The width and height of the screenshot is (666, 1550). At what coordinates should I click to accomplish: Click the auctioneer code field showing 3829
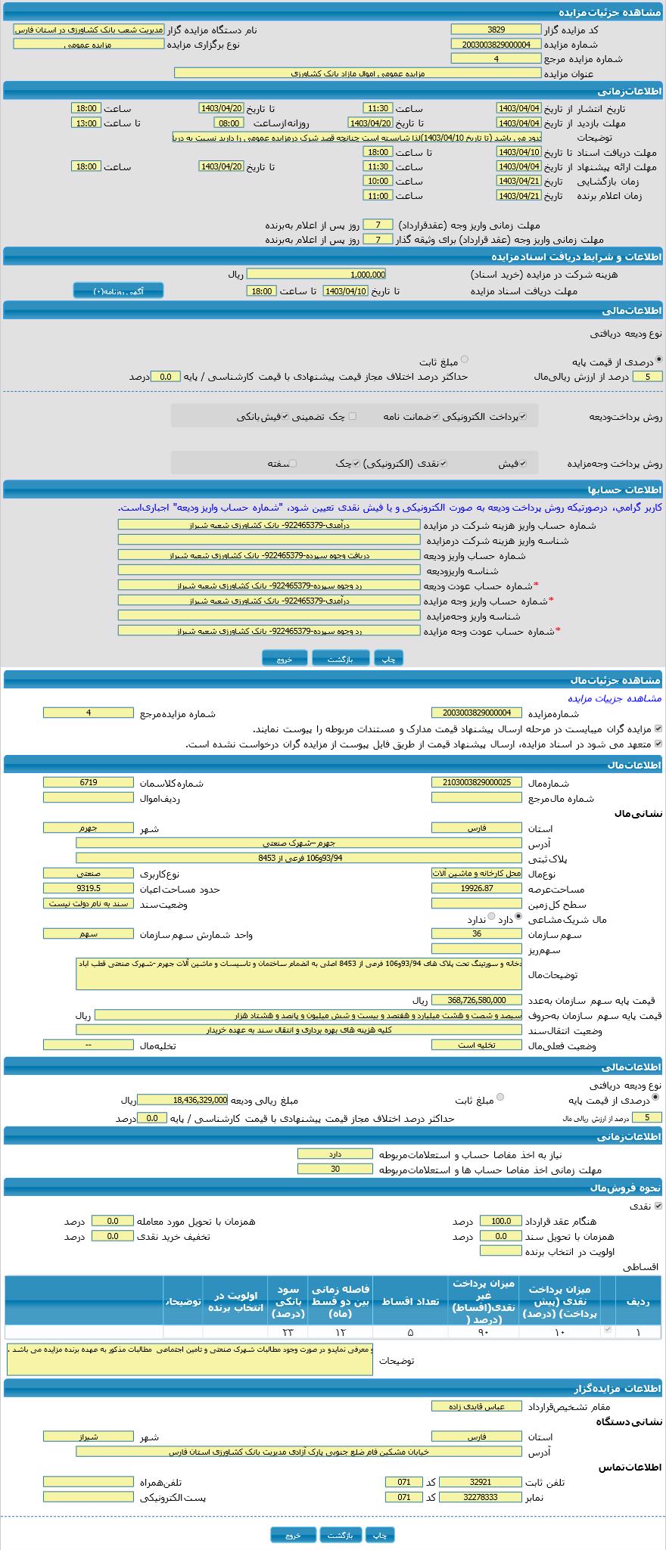click(496, 30)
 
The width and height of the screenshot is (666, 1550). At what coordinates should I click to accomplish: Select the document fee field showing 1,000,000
click(316, 275)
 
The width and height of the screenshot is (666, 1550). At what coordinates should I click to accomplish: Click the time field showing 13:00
click(86, 123)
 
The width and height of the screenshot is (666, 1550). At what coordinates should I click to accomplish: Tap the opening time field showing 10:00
click(377, 182)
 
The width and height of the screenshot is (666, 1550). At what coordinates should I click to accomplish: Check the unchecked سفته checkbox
click(293, 464)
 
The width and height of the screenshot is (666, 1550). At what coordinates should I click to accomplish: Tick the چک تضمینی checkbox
click(352, 416)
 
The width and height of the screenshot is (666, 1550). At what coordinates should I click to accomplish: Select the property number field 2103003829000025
click(476, 783)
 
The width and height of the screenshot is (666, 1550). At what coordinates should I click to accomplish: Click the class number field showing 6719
click(88, 783)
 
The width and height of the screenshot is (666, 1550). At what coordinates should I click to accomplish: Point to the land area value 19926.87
click(476, 889)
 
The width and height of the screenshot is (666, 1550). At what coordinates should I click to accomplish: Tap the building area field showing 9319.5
click(88, 889)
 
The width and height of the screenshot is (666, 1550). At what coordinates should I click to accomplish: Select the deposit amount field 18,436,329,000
click(182, 1100)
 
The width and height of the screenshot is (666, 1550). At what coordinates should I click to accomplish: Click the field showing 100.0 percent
click(500, 1222)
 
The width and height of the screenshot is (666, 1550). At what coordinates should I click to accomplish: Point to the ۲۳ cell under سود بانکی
click(288, 1332)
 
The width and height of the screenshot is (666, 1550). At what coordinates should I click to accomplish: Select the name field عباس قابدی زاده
click(476, 1406)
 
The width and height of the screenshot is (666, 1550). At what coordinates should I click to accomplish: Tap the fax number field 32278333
click(480, 1497)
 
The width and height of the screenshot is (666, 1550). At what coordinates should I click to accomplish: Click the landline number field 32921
click(480, 1483)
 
